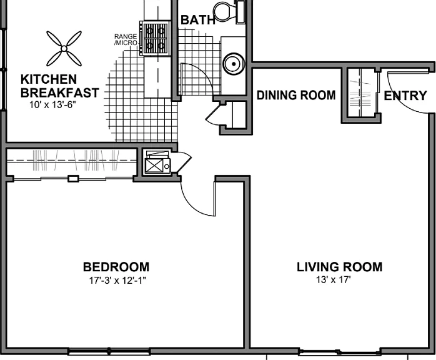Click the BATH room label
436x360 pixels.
[198, 20]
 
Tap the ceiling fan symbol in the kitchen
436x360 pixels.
[64, 49]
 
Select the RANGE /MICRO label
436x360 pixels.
[126, 39]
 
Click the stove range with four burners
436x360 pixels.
[155, 38]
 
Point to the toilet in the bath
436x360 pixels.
[229, 12]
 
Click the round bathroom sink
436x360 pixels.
[234, 64]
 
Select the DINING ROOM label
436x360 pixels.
[296, 95]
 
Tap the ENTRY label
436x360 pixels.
[405, 96]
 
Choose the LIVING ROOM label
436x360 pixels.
[340, 267]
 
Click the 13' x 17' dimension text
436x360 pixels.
[334, 279]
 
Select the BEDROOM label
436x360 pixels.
[116, 267]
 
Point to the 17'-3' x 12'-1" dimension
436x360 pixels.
[117, 281]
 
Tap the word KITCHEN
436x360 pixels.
[49, 79]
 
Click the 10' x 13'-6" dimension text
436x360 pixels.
[53, 105]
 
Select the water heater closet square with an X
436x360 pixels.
[154, 166]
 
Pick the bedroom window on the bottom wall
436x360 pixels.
[109, 352]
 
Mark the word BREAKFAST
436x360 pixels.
[60, 92]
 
